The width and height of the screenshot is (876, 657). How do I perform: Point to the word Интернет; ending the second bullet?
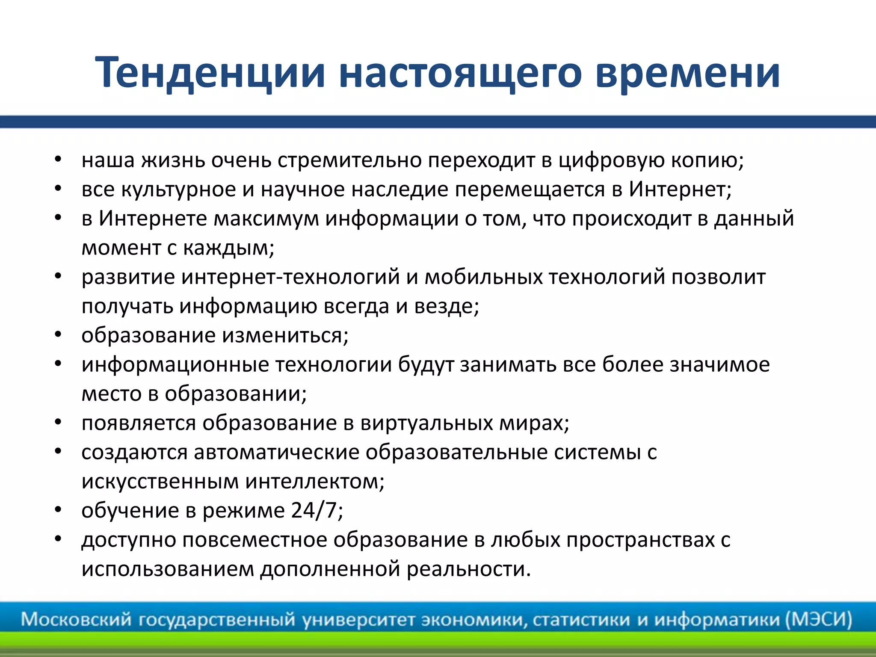point(680,189)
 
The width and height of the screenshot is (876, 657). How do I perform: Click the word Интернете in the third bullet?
point(153,219)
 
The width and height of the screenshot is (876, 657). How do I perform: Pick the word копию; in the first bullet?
point(707,161)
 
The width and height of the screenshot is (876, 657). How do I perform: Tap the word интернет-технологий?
point(290,277)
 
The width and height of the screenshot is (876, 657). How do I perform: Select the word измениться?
point(286,335)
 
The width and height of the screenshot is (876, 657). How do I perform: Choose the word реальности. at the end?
point(468,569)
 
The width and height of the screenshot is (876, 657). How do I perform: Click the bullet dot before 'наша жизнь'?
point(59,160)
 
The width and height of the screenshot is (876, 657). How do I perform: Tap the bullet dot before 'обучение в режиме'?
point(59,510)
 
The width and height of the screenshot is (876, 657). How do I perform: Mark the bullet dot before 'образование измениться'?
point(59,335)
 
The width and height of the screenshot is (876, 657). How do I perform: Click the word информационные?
point(175,365)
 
